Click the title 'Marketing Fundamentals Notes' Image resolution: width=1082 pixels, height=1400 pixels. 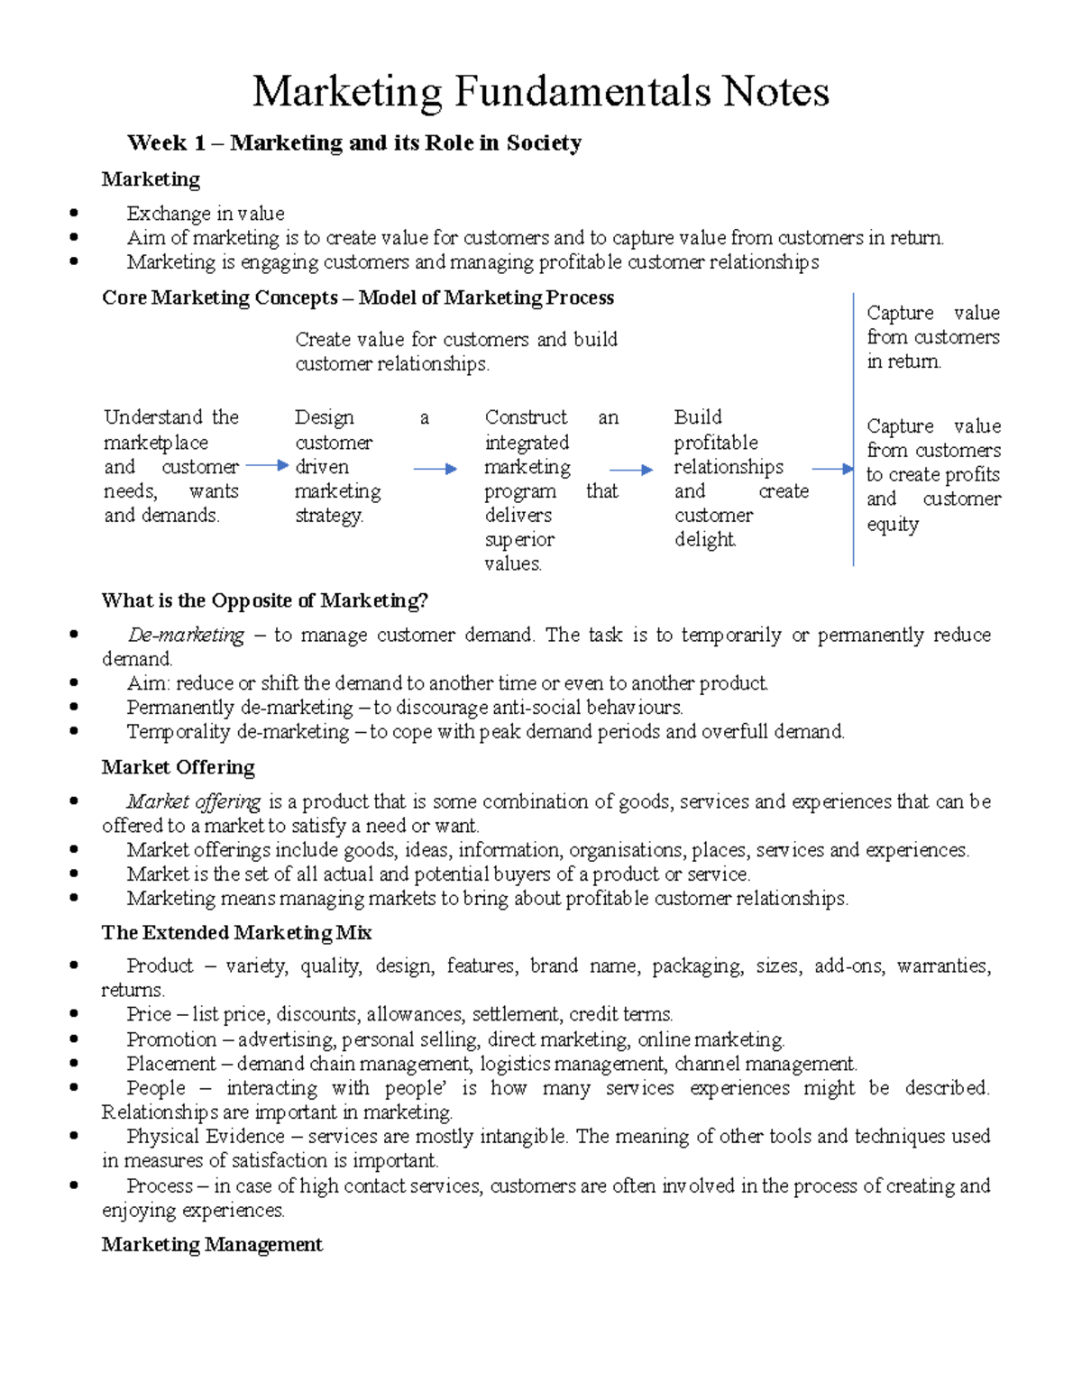[540, 92]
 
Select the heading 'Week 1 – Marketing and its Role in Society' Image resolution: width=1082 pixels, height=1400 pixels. [354, 142]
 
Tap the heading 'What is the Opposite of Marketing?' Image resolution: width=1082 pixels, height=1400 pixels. [264, 600]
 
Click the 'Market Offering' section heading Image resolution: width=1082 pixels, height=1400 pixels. [178, 767]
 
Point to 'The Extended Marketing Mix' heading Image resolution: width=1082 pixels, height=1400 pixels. [236, 932]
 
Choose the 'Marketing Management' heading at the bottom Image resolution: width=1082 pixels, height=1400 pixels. [212, 1245]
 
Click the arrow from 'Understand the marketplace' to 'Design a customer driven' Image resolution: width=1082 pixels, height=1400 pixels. [267, 466]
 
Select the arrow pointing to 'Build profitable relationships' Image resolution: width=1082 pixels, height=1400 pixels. [631, 470]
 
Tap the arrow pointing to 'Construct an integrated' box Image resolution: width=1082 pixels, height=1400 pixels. [436, 469]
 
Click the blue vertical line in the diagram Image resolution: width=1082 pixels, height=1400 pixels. [853, 429]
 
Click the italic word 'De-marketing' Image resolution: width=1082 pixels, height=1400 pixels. [186, 635]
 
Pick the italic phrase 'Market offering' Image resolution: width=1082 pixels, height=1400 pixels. [193, 801]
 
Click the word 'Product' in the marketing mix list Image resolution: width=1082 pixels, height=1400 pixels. [160, 965]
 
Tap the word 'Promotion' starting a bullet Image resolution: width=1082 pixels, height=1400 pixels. [171, 1039]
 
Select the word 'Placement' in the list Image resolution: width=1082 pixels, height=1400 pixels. [170, 1064]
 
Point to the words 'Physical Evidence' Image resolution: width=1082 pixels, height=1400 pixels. [205, 1136]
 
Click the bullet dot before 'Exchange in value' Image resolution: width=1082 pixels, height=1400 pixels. [74, 214]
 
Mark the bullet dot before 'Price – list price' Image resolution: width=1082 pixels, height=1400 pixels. [74, 1014]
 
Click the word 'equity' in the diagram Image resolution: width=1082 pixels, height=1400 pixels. [893, 525]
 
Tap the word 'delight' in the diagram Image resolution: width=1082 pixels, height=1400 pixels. [705, 540]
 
